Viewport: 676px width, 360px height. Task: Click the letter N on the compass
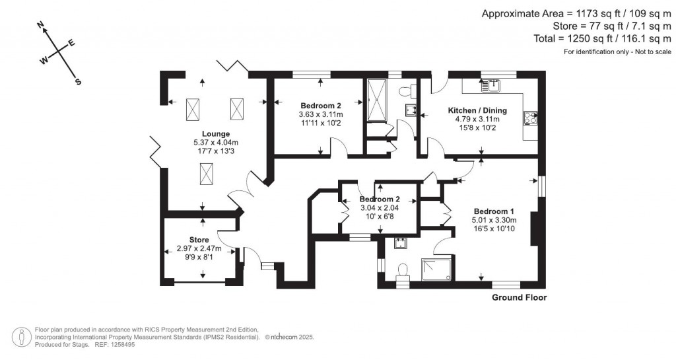pyautogui.click(x=41, y=26)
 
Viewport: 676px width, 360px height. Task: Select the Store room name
pyautogui.click(x=199, y=240)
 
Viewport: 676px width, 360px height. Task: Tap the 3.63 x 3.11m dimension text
pyautogui.click(x=321, y=114)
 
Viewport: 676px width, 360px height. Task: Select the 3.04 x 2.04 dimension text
pyautogui.click(x=380, y=208)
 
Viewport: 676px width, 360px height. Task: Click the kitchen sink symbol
pyautogui.click(x=490, y=85)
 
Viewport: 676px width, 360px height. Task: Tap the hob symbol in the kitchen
pyautogui.click(x=531, y=118)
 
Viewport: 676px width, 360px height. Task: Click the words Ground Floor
pyautogui.click(x=519, y=298)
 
